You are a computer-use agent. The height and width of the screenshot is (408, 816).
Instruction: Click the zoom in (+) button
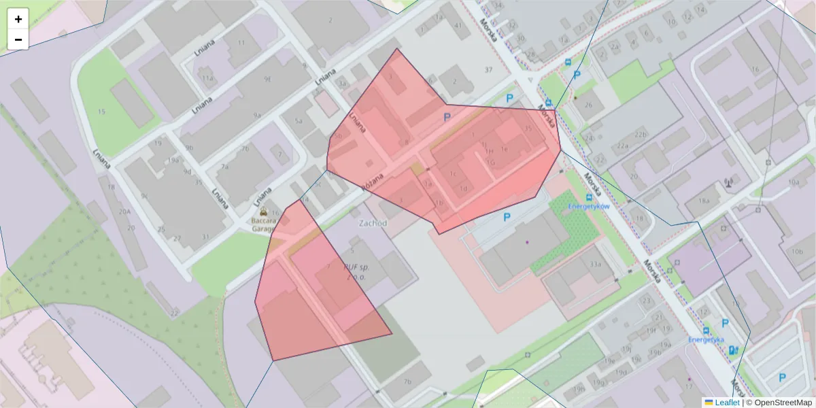[x=18, y=19]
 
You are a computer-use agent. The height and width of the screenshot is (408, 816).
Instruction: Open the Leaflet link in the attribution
[x=726, y=402]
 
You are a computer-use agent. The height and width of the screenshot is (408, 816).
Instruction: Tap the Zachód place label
[x=373, y=223]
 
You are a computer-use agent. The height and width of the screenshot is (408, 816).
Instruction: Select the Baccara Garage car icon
[x=273, y=211]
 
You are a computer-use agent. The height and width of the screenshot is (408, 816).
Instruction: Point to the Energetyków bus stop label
[x=588, y=205]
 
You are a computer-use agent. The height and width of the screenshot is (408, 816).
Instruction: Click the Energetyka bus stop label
[x=705, y=339]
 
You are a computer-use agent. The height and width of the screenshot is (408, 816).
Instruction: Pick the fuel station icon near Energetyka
[x=733, y=350]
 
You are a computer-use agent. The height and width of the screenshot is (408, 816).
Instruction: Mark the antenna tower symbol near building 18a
[x=728, y=182]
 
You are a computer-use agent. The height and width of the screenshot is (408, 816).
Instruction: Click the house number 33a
[x=596, y=265]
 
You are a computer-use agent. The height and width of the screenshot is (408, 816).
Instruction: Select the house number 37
[x=488, y=70]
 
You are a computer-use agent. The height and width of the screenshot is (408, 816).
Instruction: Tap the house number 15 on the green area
[x=102, y=112]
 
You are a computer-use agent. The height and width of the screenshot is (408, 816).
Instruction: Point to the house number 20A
[x=124, y=212]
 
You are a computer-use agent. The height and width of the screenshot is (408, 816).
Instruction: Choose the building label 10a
[x=794, y=183]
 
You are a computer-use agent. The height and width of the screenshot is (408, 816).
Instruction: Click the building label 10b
[x=797, y=251]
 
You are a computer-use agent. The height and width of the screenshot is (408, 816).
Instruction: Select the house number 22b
[x=641, y=135]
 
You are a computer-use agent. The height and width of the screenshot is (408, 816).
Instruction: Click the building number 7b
[x=407, y=381]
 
